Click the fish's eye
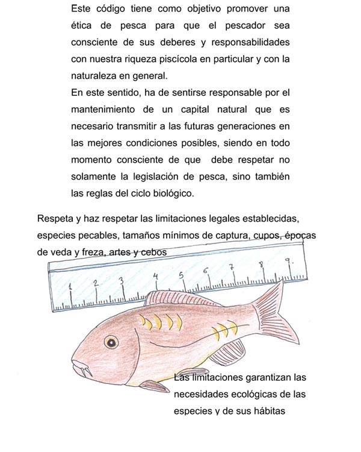(x=111, y=342)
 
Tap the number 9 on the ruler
(x=288, y=262)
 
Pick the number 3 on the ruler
(x=122, y=281)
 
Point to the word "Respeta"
(x=56, y=218)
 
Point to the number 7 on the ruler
(x=232, y=267)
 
